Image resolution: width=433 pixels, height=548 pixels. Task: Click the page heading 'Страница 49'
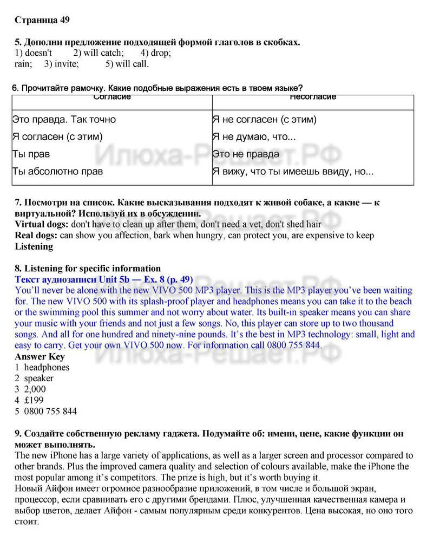[42, 20]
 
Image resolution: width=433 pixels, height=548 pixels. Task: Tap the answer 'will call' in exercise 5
[130, 64]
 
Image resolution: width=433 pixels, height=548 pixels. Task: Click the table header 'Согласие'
[112, 97]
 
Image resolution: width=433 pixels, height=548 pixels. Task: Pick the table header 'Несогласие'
[313, 97]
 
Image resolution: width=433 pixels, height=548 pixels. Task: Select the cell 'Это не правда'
[246, 154]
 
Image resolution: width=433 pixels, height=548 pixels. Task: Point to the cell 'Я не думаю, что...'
[254, 136]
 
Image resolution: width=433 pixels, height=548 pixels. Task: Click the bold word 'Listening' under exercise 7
[34, 246]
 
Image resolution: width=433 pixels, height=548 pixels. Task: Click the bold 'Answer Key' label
[40, 356]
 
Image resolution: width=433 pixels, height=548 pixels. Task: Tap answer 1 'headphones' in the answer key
[47, 367]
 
